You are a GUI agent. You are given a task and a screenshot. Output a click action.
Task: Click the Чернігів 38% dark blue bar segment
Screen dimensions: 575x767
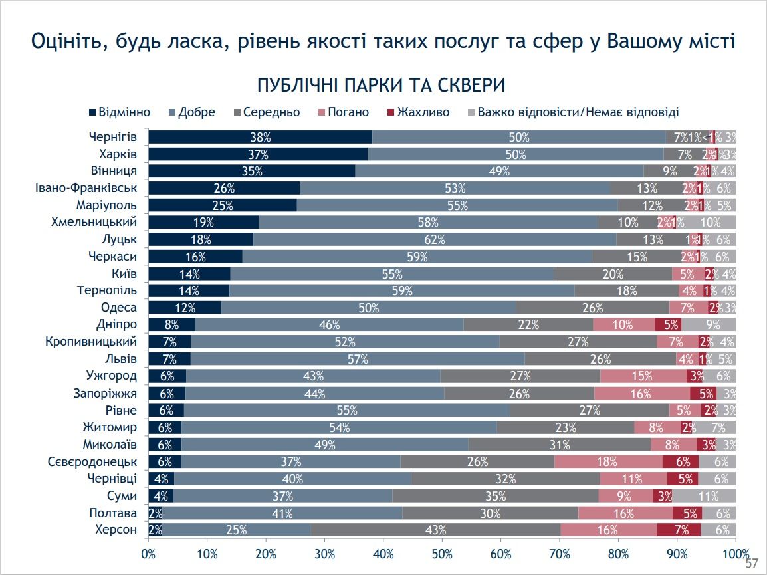(260, 137)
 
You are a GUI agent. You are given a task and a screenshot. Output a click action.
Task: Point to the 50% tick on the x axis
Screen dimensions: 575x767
(442, 554)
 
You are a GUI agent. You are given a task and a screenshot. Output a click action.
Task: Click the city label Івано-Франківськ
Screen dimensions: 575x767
(86, 188)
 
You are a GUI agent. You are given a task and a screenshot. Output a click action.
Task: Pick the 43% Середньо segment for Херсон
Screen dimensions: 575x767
(435, 530)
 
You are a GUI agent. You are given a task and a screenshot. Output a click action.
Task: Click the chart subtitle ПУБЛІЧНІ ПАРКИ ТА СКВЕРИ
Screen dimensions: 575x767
(382, 86)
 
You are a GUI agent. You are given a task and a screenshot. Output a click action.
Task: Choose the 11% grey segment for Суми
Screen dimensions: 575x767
(704, 496)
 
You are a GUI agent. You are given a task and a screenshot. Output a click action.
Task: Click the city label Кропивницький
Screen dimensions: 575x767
(91, 342)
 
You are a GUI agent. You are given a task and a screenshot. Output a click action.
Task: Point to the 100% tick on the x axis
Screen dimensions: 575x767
(735, 554)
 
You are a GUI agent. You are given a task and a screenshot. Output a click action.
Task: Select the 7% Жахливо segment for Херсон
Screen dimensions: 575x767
(679, 530)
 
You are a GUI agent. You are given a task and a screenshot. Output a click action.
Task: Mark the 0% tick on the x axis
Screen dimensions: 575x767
(148, 554)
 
